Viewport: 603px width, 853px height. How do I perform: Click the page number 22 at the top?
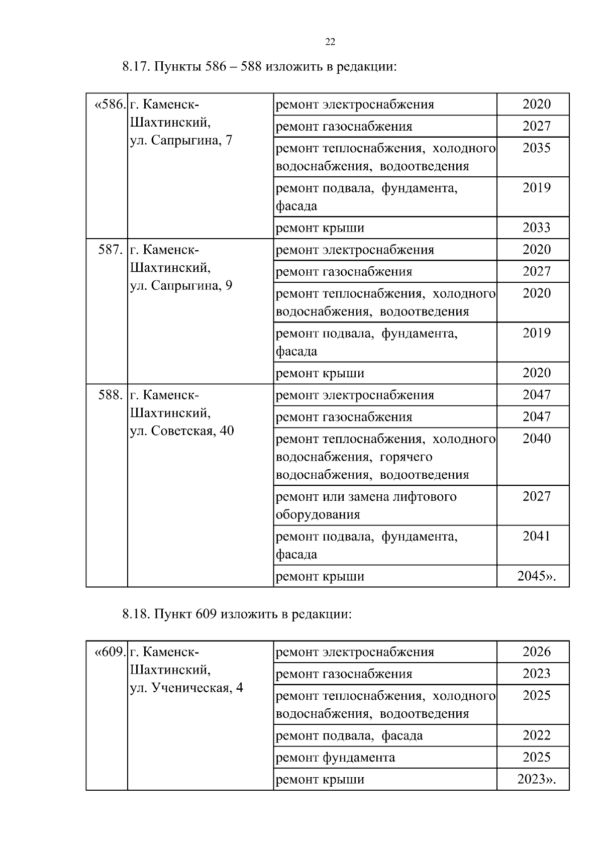330,42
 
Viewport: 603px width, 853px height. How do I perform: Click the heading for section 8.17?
259,67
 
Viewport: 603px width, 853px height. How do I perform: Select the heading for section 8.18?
236,614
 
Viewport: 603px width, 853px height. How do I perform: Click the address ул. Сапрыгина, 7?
181,140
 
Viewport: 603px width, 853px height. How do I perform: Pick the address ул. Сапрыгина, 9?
181,286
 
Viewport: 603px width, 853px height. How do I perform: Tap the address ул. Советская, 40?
182,431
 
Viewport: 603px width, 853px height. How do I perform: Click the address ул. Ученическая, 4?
186,688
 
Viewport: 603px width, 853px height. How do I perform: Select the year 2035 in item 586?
536,148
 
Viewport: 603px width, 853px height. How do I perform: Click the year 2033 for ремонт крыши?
536,228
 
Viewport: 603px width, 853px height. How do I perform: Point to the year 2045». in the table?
536,576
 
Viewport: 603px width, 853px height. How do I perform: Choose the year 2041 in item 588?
536,536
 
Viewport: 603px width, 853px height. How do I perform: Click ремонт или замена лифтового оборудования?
366,505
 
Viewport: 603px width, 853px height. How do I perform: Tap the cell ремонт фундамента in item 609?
335,758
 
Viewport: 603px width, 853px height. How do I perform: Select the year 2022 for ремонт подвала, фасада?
536,735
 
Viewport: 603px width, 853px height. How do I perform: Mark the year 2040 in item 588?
536,439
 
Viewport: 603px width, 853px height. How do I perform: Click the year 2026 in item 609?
536,652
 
